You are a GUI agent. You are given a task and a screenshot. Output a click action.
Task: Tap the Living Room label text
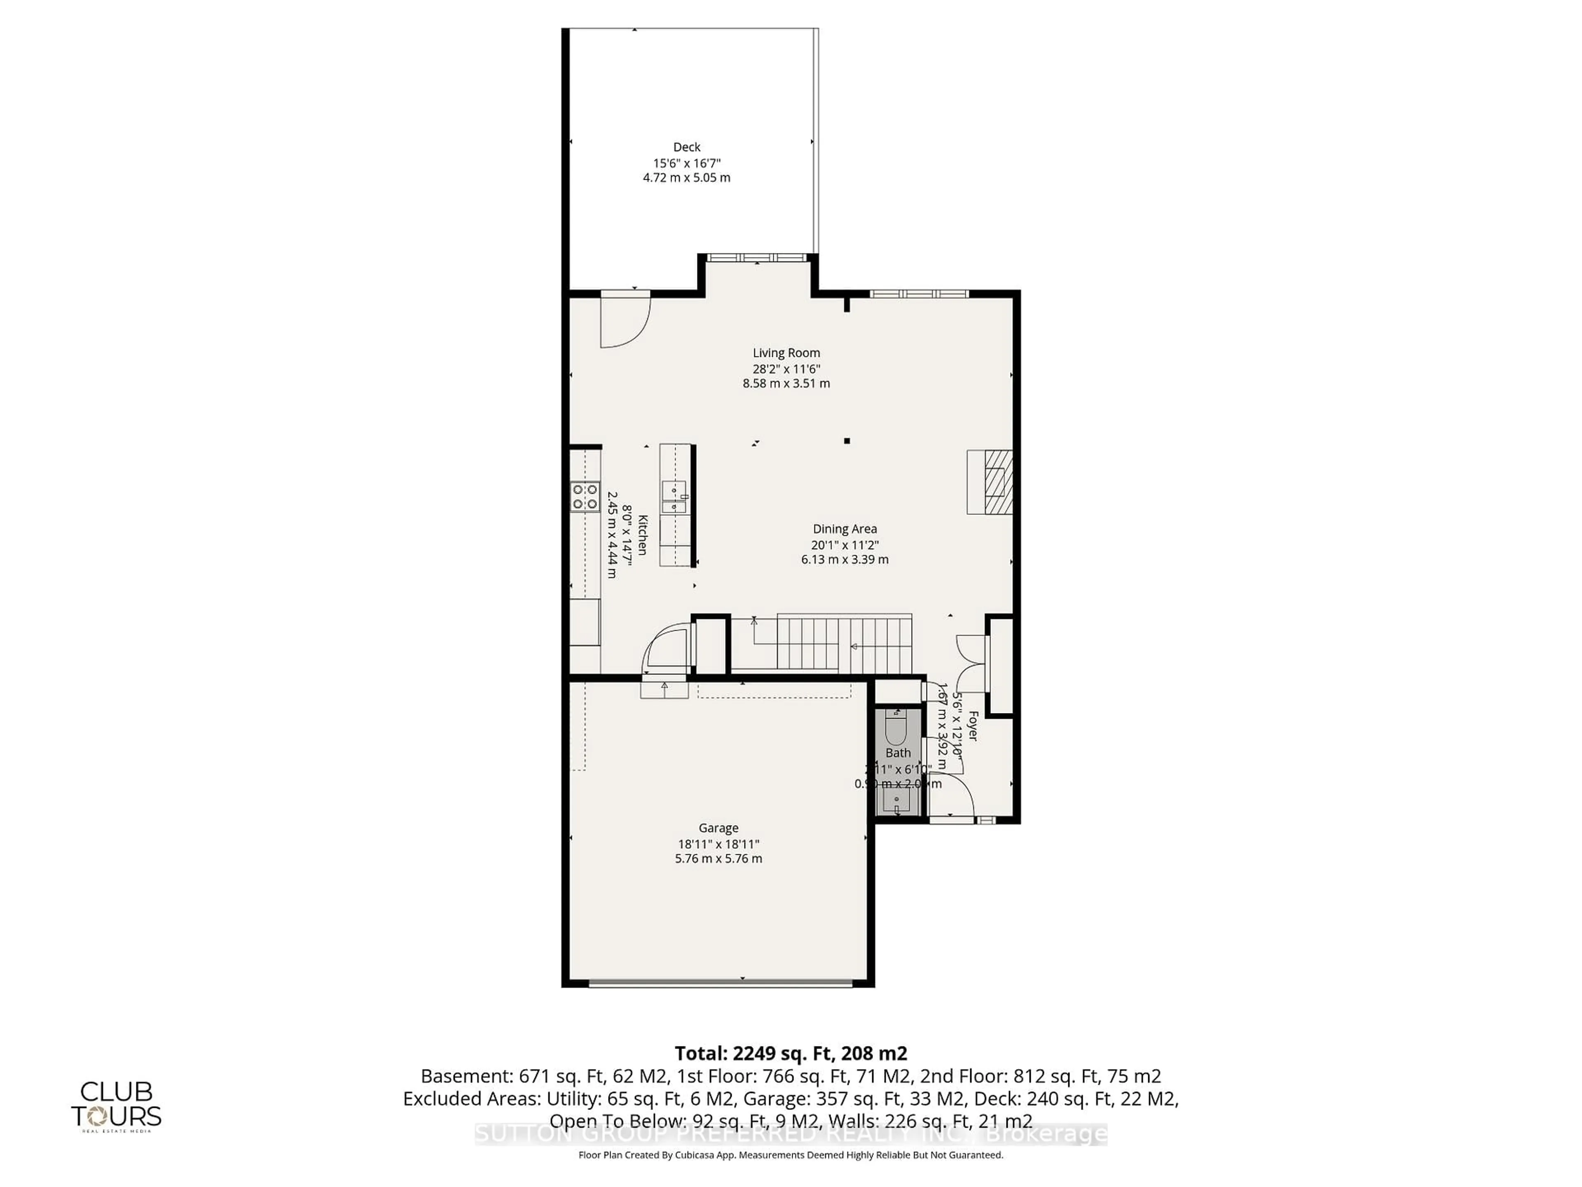[786, 353]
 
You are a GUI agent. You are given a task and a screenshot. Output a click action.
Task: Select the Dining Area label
[845, 529]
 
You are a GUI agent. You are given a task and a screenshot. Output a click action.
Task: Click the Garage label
[718, 828]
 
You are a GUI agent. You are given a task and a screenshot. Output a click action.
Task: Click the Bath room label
[898, 753]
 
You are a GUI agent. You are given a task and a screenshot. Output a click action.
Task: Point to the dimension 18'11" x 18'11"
[718, 844]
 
